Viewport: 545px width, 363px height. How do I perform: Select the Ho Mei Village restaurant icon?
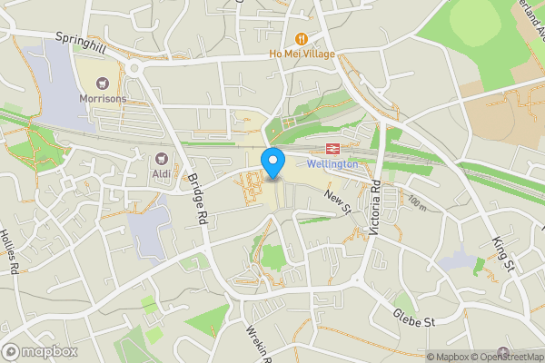pos(302,39)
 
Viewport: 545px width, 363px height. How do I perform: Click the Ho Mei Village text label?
pos(302,54)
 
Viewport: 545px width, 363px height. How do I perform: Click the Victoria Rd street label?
pos(377,211)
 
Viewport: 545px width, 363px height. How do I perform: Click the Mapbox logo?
pos(39,351)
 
